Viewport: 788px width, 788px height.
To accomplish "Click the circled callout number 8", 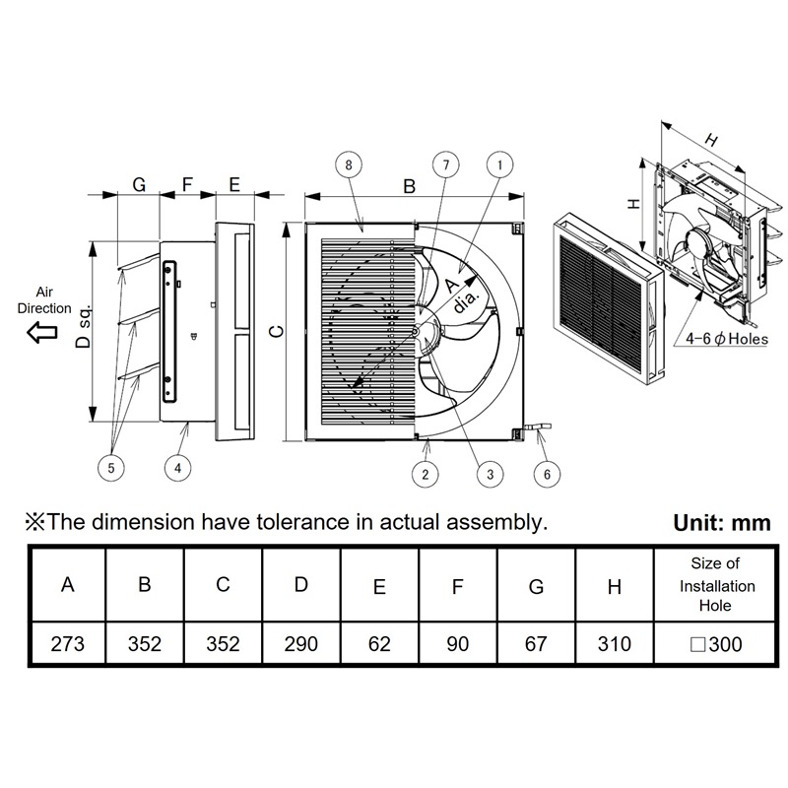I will tap(350, 165).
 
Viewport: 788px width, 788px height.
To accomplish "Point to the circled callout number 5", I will tap(111, 468).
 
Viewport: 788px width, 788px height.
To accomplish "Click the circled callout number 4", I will tap(177, 468).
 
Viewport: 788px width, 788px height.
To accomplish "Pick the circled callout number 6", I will tap(548, 474).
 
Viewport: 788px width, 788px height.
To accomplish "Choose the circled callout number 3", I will tap(485, 474).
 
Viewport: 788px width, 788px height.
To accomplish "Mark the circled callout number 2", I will tap(426, 474).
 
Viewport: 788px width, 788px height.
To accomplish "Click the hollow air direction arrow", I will tap(42, 333).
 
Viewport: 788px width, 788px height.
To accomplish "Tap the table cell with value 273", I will tap(67, 644).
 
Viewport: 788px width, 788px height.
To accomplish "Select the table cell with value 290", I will tap(301, 644).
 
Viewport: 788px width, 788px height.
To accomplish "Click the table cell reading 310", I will tap(615, 644).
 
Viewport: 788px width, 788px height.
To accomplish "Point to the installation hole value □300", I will tap(716, 644).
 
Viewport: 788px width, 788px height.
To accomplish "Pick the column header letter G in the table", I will tap(536, 587).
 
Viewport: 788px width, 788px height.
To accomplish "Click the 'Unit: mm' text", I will tap(721, 523).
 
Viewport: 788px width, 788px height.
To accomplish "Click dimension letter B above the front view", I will tap(410, 184).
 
